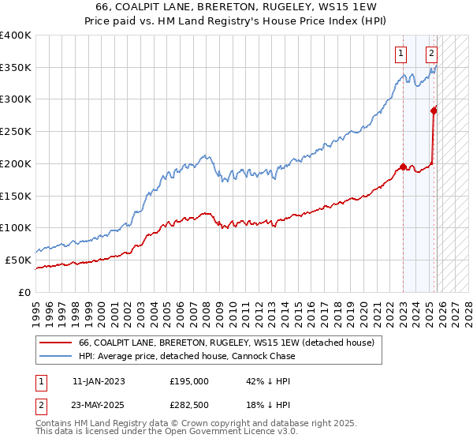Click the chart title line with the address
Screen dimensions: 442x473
236,8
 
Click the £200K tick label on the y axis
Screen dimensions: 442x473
16,163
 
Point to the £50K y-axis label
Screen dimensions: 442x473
18,260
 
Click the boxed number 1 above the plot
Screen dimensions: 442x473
401,54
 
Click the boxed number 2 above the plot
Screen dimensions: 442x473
432,54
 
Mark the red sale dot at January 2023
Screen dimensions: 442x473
403,167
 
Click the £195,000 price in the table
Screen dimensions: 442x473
189,380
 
